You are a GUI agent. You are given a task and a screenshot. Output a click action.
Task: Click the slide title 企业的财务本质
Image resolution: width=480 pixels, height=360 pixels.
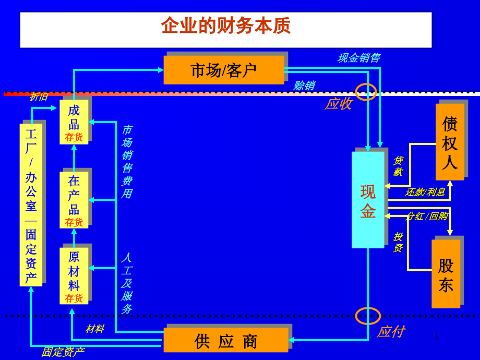[x=225, y=26]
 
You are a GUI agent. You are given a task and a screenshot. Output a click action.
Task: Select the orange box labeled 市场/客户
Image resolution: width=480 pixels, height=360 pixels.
[x=224, y=70]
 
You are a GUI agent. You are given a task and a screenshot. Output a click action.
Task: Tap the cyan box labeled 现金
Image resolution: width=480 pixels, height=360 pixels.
[x=368, y=200]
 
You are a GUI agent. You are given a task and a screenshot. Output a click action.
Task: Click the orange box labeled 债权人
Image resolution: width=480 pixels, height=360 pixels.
[x=450, y=142]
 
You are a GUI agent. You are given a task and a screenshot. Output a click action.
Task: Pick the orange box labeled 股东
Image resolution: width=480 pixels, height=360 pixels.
[x=446, y=274]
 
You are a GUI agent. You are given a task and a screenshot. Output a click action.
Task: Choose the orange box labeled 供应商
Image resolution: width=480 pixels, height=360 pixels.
[x=226, y=341]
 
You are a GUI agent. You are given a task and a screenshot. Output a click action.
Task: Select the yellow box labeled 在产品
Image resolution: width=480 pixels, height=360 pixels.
[x=74, y=200]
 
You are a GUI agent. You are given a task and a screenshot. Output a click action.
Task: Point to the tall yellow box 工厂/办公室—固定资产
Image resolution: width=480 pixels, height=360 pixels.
[x=31, y=205]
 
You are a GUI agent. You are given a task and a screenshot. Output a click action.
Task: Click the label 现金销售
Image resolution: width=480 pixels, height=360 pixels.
[x=358, y=57]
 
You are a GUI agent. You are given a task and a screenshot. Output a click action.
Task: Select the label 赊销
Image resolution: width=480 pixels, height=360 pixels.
[x=303, y=86]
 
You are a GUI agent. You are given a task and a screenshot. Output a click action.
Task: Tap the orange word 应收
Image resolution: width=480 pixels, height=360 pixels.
[x=338, y=103]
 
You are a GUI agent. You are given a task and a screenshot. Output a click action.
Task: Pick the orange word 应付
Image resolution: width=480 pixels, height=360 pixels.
[x=390, y=331]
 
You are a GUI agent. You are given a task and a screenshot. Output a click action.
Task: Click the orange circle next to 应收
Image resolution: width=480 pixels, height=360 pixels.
[x=366, y=92]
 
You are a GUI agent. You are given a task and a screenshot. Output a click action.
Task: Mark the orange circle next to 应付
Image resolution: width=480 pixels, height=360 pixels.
[x=368, y=316]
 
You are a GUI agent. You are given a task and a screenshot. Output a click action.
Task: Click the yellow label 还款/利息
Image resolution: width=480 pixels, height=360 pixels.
[x=425, y=192]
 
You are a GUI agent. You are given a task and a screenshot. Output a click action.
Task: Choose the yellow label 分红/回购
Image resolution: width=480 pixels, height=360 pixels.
[x=426, y=216]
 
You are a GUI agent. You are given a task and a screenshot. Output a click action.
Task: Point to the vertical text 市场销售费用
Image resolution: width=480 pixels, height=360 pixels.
[x=126, y=162]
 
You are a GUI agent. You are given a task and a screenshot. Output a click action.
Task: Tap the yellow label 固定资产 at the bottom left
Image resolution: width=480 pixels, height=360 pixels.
[x=63, y=352]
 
